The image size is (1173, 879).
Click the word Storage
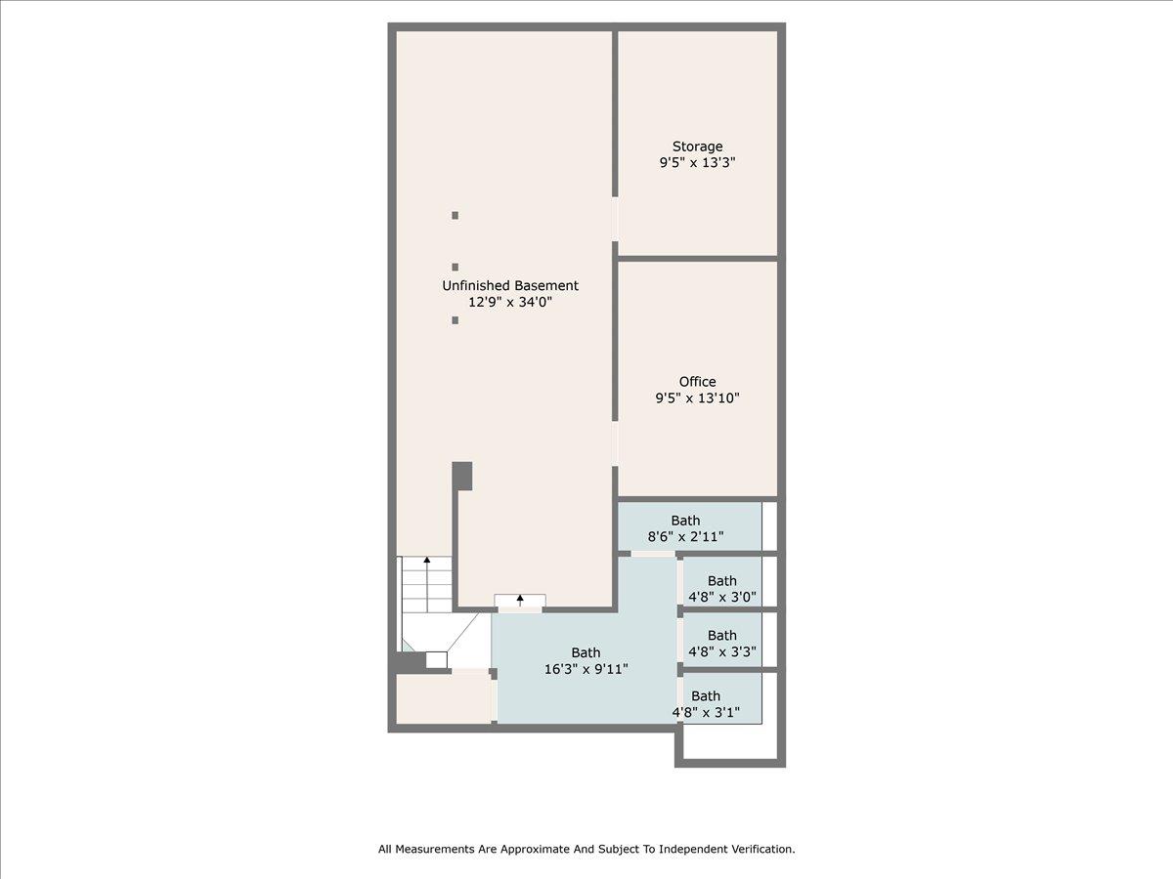(x=697, y=146)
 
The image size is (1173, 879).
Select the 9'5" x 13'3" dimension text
(x=697, y=163)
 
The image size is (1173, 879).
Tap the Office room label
(x=697, y=381)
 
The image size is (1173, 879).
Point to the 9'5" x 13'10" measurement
(x=697, y=398)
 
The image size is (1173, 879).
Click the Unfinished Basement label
(x=510, y=285)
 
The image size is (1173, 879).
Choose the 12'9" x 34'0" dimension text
(x=510, y=302)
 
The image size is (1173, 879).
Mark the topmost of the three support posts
(x=455, y=215)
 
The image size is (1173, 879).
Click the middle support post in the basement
(x=455, y=267)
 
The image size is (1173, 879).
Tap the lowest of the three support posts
(x=455, y=319)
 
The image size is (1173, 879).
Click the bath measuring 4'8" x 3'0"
(x=722, y=589)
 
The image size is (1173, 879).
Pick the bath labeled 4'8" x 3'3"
(x=722, y=644)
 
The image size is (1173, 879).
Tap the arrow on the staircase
(x=426, y=562)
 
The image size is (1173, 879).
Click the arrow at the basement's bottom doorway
(x=520, y=600)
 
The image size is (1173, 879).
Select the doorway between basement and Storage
(x=615, y=220)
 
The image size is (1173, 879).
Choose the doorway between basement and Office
(x=615, y=443)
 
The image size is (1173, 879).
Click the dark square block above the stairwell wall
(x=462, y=476)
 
